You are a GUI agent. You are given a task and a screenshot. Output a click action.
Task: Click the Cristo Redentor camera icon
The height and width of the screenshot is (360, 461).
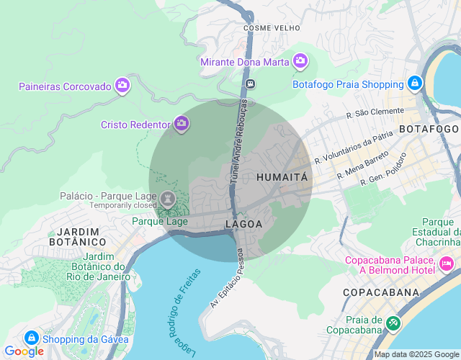(182, 124)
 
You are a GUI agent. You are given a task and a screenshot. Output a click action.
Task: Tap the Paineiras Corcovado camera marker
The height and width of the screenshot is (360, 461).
(122, 86)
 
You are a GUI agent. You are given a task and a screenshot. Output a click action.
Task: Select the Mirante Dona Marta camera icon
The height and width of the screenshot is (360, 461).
(300, 62)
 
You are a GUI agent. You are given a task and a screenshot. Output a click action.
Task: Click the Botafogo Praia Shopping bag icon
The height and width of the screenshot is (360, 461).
(415, 84)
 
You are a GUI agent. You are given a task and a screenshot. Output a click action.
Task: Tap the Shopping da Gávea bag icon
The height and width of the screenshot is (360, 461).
(31, 338)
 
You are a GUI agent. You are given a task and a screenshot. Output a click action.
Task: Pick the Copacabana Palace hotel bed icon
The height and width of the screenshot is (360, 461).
(447, 264)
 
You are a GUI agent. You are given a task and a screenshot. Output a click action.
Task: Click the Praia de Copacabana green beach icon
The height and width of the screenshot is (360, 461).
(393, 323)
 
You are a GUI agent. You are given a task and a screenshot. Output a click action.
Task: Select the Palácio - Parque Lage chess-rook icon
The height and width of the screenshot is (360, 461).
(168, 199)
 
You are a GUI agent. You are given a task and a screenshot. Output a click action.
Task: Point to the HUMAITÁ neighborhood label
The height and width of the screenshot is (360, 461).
(282, 176)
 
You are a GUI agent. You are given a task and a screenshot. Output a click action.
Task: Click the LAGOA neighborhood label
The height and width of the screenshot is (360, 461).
(243, 224)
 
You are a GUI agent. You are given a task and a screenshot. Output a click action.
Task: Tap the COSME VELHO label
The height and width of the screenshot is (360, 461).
(267, 28)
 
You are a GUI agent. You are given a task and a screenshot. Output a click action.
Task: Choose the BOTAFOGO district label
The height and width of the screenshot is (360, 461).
(429, 129)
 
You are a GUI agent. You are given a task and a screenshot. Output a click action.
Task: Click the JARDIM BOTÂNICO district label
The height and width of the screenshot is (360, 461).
(77, 237)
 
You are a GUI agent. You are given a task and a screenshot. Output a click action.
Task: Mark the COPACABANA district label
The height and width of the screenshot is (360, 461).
(381, 292)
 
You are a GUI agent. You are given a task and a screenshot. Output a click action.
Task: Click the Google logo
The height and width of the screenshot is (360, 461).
(24, 351)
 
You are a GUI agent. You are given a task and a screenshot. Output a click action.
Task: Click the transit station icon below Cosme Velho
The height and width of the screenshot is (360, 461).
(250, 84)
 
